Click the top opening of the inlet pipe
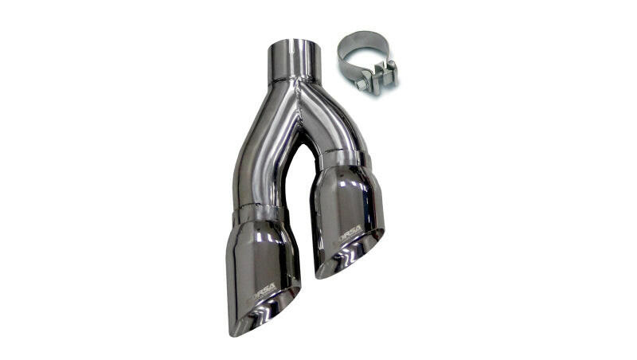(x=295, y=43)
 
